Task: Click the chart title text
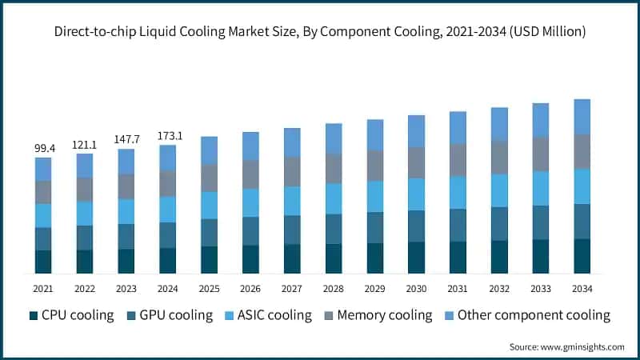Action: point(320,32)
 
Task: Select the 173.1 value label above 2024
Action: point(168,136)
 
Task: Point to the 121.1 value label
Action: point(85,145)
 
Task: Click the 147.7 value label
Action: point(126,140)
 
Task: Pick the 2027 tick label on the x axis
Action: point(292,287)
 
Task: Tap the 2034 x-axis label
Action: point(582,287)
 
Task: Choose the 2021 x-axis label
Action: point(43,287)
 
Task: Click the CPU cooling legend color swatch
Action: point(34,315)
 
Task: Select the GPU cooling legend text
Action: point(175,315)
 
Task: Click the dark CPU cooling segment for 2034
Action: point(582,256)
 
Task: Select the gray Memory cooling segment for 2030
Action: point(416,162)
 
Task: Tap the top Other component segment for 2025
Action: point(209,150)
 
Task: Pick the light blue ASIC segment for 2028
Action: point(334,198)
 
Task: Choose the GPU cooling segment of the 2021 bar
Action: point(43,238)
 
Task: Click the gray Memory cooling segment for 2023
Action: point(126,186)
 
